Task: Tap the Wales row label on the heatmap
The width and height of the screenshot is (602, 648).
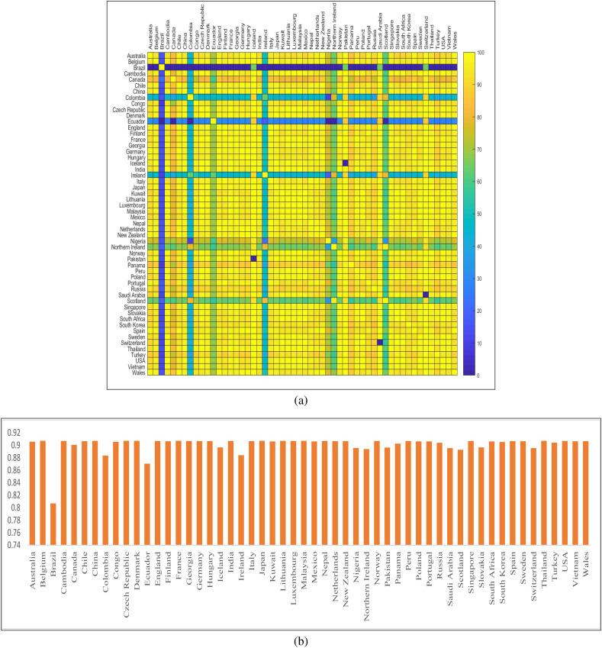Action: click(x=139, y=373)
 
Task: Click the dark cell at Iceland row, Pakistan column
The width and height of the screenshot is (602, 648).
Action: click(x=345, y=163)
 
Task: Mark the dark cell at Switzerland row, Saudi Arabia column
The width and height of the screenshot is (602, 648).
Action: click(x=380, y=341)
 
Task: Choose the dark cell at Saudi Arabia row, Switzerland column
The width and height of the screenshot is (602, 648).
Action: click(x=426, y=295)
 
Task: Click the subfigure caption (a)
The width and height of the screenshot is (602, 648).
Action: click(x=301, y=397)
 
